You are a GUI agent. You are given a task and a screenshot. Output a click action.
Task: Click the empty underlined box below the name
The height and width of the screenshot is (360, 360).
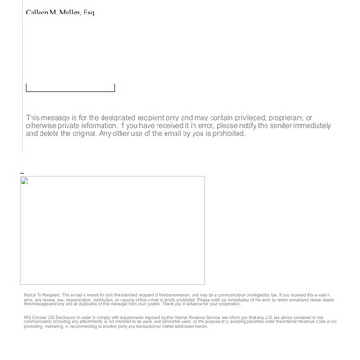click(70, 87)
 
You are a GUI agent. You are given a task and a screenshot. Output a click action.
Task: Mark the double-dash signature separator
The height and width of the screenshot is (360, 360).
click(22, 173)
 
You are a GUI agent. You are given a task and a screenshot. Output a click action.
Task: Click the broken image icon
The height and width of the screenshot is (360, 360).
click(25, 181)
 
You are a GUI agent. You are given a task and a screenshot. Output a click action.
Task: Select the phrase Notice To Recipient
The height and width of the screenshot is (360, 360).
click(41, 295)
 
